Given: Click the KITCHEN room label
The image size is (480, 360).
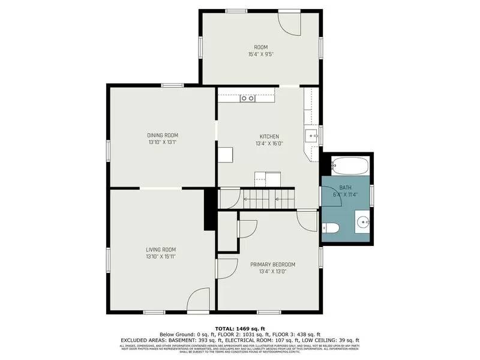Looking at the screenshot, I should pyautogui.click(x=269, y=137).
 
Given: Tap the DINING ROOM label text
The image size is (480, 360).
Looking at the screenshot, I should pyautogui.click(x=163, y=136).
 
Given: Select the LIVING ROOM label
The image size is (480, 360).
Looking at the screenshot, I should pyautogui.click(x=161, y=250).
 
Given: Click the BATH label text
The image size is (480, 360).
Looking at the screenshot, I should pyautogui.click(x=345, y=188).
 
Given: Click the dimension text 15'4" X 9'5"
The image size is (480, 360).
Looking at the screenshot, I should pyautogui.click(x=260, y=55).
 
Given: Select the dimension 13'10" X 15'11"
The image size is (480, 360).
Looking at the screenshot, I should pyautogui.click(x=161, y=257).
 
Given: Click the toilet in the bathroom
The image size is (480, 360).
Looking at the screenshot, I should pyautogui.click(x=330, y=227).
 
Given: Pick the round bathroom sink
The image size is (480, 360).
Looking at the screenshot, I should pyautogui.click(x=362, y=223).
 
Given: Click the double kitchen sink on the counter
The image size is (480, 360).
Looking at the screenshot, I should pyautogui.click(x=248, y=98).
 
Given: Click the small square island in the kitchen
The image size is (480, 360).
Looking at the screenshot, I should pyautogui.click(x=225, y=155).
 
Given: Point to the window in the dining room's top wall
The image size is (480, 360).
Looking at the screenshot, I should pyautogui.click(x=173, y=85).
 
